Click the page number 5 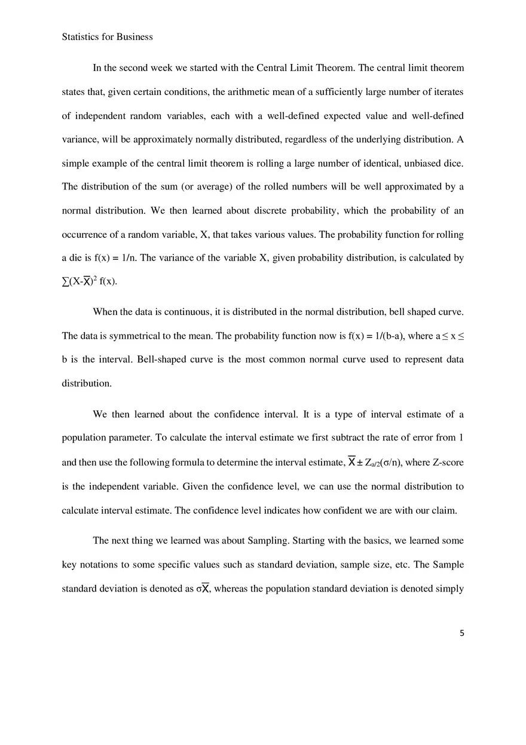(x=461, y=633)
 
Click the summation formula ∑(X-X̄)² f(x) (x=90, y=282)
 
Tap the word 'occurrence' (x=83, y=235)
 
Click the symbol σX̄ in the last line (x=203, y=588)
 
